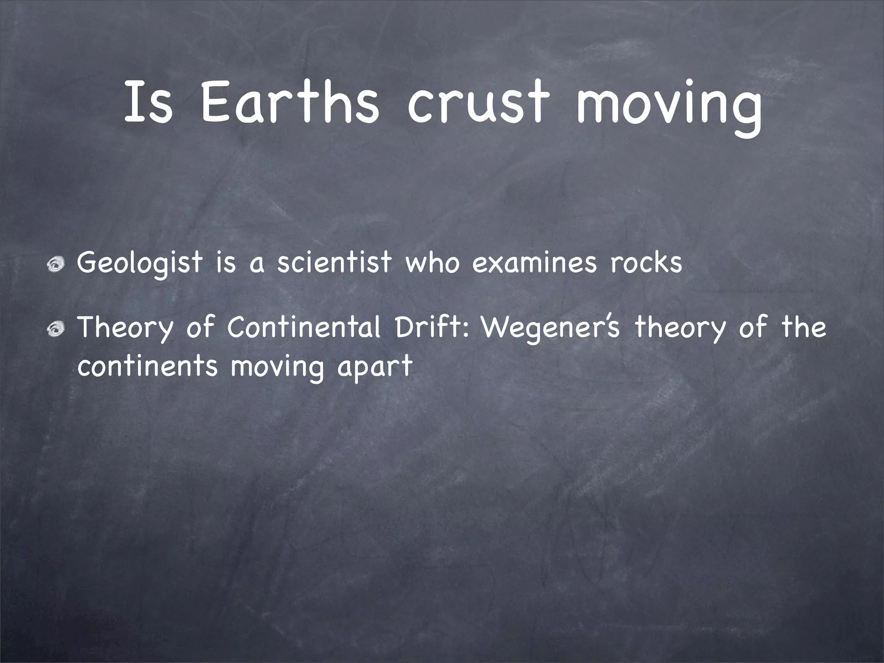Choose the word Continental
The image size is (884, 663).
(304, 327)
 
